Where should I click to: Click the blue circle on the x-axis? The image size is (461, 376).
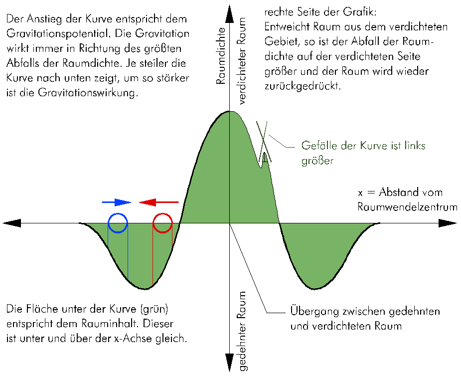(118, 223)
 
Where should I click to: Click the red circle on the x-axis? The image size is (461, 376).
(162, 223)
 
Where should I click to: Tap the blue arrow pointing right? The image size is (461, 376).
(116, 202)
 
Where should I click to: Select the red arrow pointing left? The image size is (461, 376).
(158, 202)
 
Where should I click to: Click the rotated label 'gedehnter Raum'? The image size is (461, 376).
(243, 331)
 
